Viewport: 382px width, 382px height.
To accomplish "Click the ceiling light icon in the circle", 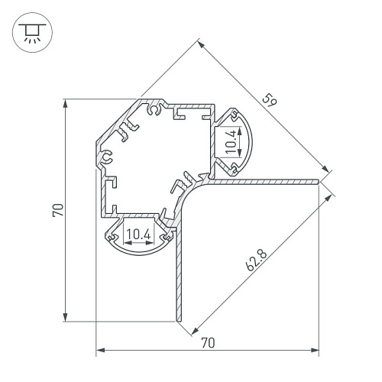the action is pos(32,32).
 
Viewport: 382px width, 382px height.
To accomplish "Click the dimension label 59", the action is pos(269,100).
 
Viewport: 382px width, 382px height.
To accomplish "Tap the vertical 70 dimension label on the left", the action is pos(58,210).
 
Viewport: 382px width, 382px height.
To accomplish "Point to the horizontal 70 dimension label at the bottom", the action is pos(208,342).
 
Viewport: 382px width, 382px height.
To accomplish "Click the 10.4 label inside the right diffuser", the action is pos(231,141).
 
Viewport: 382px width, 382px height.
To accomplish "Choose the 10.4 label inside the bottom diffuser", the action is pos(139,234).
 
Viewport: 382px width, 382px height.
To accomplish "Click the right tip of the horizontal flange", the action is pos(319,182).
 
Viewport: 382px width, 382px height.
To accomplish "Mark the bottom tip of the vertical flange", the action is pos(179,320).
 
